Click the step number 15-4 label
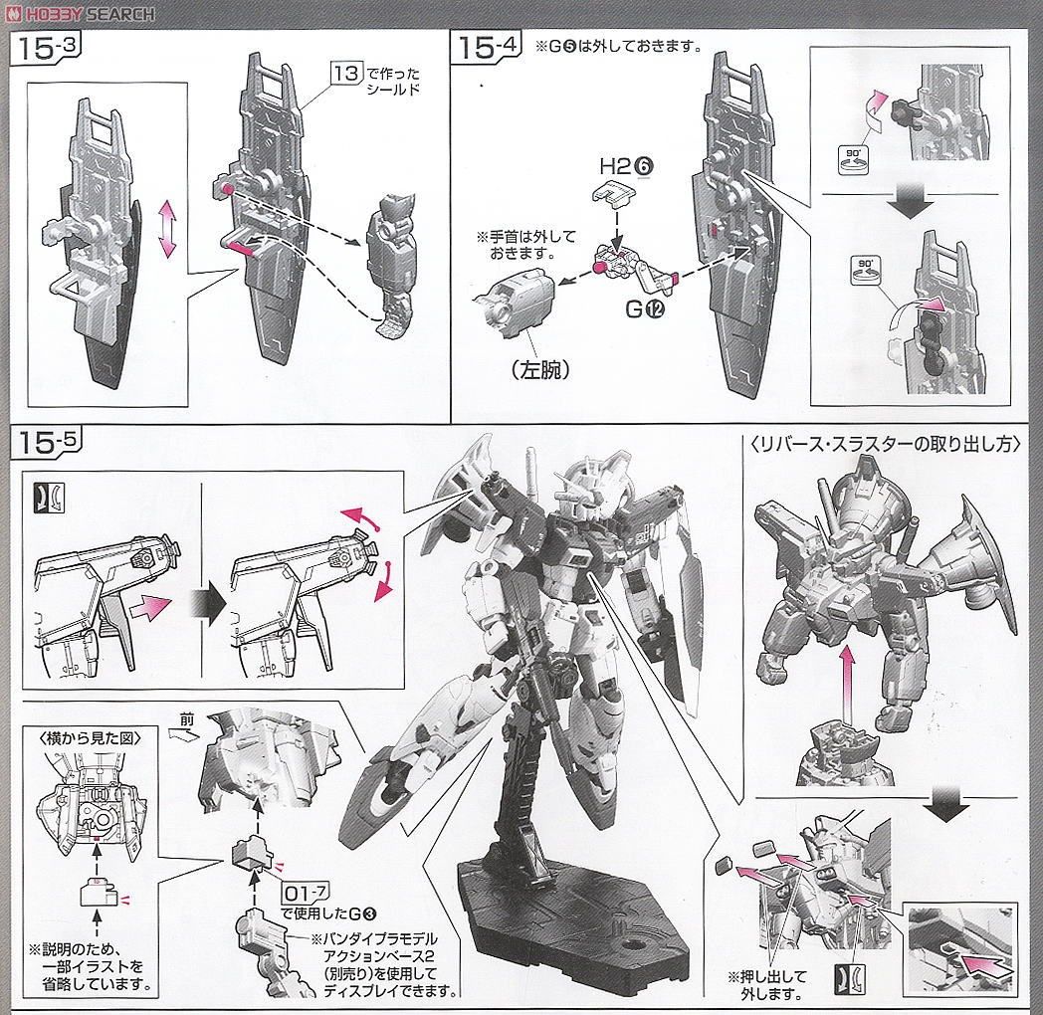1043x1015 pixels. click(487, 48)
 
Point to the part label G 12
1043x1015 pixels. click(647, 309)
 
